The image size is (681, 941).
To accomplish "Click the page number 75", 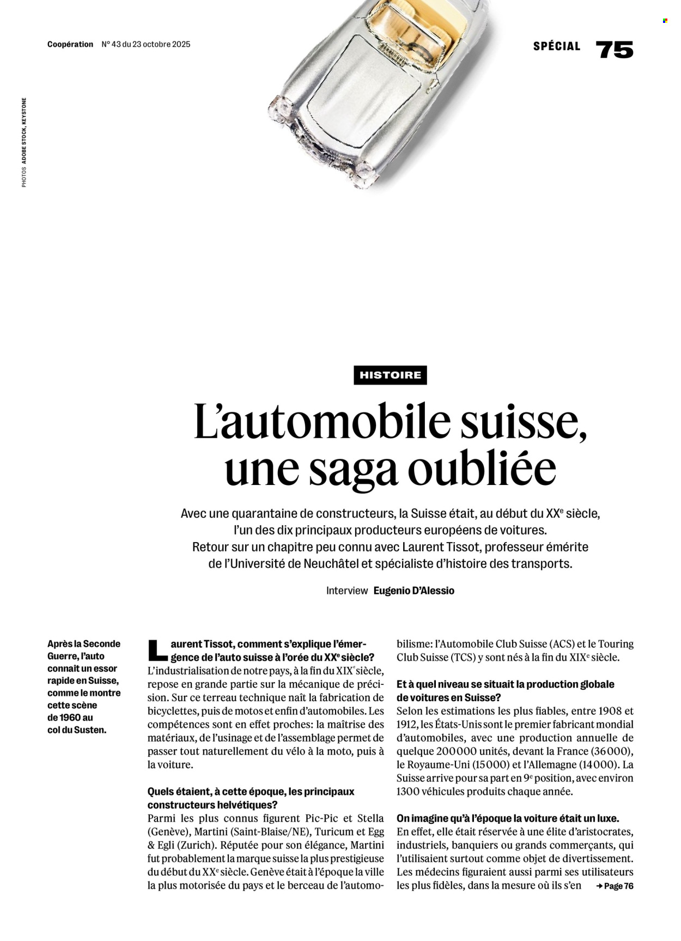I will pos(615,50).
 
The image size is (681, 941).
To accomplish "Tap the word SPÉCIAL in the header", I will pos(557,46).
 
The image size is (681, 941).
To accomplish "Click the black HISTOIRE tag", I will pos(390,375).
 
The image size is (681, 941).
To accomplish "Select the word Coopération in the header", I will pos(70,44).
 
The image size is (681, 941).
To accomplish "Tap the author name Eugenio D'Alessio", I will pos(414,591).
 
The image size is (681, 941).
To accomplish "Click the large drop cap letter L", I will pos(157,650).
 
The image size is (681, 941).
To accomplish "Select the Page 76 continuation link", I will pos(615,886).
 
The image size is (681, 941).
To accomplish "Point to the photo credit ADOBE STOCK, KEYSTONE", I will pos(24,131).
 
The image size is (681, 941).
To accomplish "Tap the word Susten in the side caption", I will pos(89,730).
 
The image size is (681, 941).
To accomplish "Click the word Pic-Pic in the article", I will pos(321,818).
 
